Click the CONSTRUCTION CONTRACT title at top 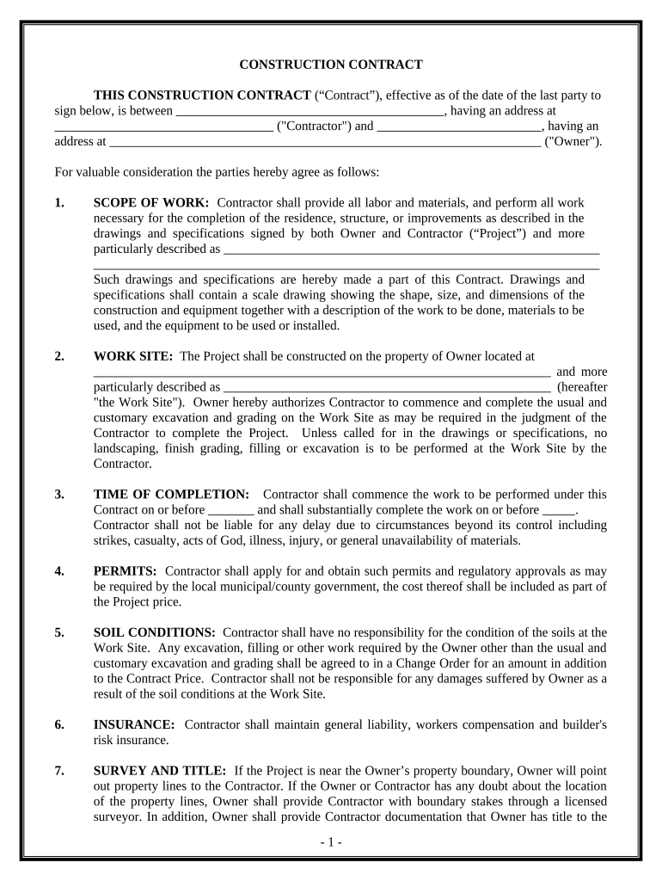(x=330, y=65)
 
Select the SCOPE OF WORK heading (x=150, y=203)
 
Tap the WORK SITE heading (x=133, y=356)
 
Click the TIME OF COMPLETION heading (x=171, y=495)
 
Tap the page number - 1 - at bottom (x=330, y=842)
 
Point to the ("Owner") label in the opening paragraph (x=573, y=142)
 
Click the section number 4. (x=58, y=571)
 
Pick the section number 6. (x=58, y=725)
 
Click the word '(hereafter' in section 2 (x=581, y=387)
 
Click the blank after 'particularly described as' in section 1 (x=410, y=250)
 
